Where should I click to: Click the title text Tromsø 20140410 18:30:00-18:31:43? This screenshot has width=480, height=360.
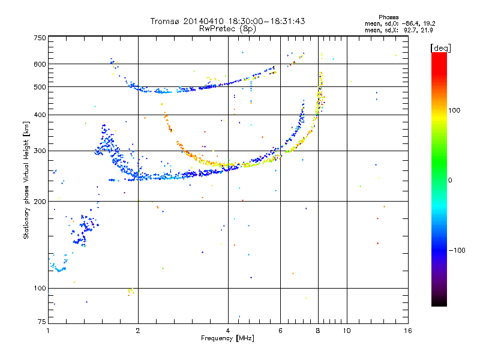tap(227, 21)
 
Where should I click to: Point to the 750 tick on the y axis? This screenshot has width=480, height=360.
tap(40, 38)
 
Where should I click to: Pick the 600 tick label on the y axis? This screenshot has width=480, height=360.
tap(40, 64)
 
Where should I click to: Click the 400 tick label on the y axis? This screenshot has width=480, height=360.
tap(40, 115)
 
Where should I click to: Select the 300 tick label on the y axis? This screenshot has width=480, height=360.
tap(40, 151)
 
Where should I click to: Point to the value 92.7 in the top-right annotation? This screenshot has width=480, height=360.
tap(407, 30)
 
